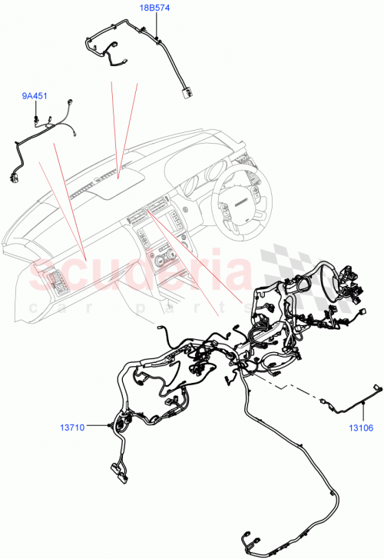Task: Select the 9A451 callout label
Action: click(x=35, y=96)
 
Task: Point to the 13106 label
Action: click(x=362, y=430)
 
